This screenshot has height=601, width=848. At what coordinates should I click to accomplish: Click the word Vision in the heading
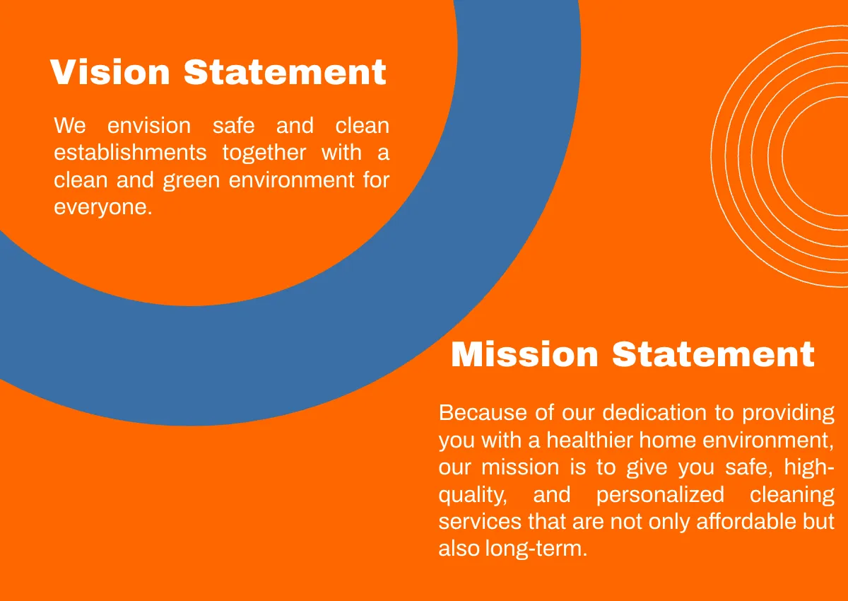(x=110, y=72)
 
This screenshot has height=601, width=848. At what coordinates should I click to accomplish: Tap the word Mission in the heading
(x=524, y=354)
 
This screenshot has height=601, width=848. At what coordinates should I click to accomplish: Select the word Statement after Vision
(x=285, y=72)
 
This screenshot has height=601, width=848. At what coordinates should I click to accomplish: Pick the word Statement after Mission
(x=713, y=354)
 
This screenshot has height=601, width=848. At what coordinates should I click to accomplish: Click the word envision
(x=149, y=126)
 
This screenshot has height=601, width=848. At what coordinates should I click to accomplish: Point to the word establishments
(x=131, y=153)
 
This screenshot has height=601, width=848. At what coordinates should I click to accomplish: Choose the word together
(x=264, y=153)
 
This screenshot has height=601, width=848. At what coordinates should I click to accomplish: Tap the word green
(x=191, y=180)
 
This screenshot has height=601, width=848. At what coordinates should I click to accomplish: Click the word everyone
(x=102, y=207)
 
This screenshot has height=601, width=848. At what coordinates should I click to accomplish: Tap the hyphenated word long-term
(x=536, y=549)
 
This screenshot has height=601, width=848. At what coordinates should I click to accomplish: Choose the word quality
(x=472, y=496)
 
